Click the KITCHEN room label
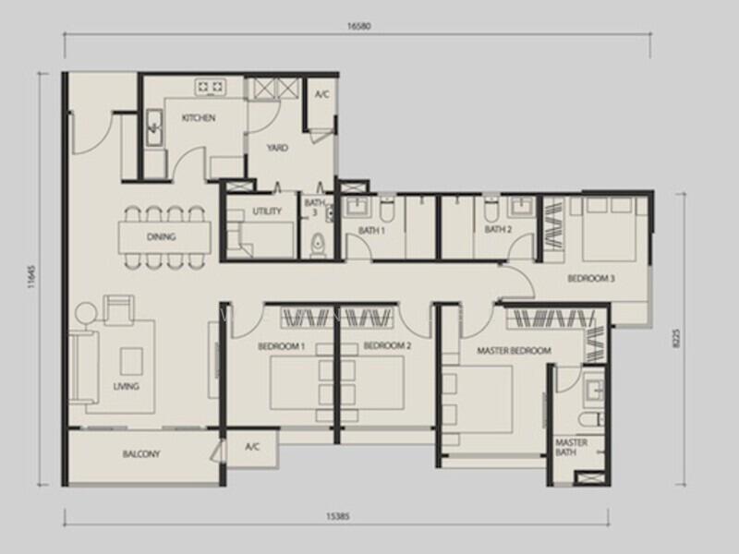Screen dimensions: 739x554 click(199, 118)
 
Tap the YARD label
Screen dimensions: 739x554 click(277, 148)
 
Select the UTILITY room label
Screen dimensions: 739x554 click(267, 211)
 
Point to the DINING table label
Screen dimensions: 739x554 click(161, 237)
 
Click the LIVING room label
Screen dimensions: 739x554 click(127, 386)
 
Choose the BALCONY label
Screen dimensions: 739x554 click(141, 454)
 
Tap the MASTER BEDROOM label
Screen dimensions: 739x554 click(514, 351)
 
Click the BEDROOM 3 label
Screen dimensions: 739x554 click(591, 279)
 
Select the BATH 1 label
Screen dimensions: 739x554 click(372, 231)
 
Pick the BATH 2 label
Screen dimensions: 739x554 click(498, 230)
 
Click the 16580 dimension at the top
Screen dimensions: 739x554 click(359, 27)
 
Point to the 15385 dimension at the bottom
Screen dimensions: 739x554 click(338, 516)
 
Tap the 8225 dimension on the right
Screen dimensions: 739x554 click(678, 339)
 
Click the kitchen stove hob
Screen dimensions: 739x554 click(211, 87)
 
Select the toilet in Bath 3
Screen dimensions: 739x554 click(319, 245)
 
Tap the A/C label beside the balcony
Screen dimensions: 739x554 click(252, 447)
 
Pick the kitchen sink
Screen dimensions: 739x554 click(154, 127)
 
